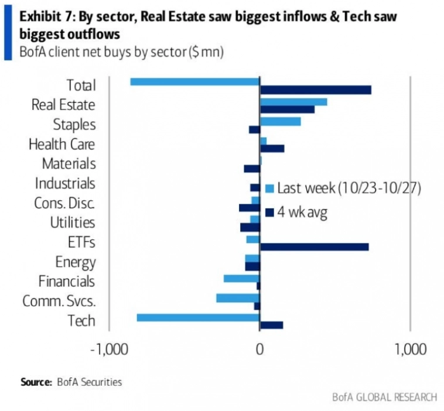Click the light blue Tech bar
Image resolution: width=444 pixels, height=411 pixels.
coord(198,317)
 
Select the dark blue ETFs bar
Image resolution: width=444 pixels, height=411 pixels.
coord(314,246)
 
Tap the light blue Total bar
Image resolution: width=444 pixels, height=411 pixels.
coord(194,81)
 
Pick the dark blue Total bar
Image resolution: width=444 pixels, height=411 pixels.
coord(315,90)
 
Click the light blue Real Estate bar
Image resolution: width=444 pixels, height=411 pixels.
coord(293,102)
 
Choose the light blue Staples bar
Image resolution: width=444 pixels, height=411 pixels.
coord(280,121)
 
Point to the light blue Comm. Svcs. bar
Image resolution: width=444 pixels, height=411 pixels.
coord(237,298)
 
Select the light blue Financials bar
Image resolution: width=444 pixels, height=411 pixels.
coord(241,278)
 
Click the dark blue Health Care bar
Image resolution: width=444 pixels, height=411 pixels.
coord(272,149)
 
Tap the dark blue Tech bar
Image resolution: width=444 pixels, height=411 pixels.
coord(271,325)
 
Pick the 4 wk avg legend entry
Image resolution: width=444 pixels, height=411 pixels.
coord(302,212)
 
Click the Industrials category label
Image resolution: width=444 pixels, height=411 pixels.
coord(65,183)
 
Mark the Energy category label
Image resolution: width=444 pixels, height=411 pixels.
coord(75,262)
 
